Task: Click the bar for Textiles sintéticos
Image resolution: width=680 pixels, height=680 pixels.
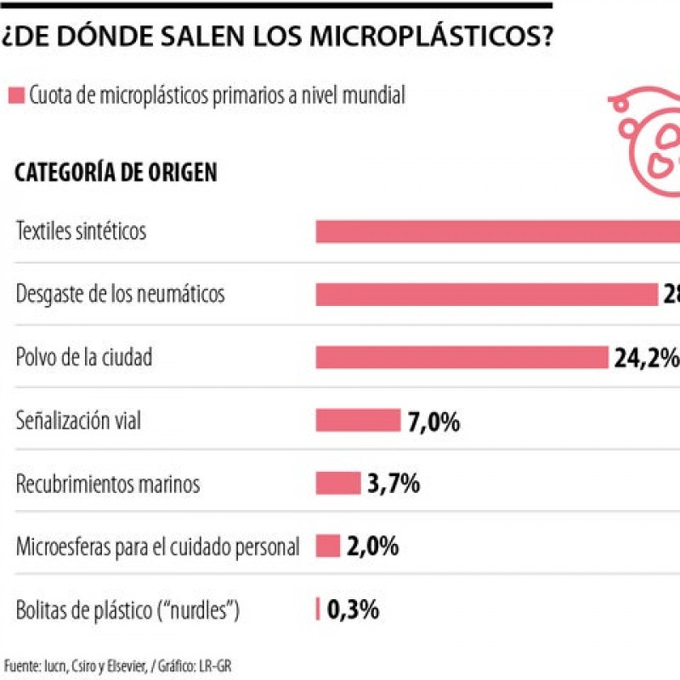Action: [x=497, y=231]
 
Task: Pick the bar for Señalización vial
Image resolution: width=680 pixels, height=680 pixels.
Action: [x=358, y=420]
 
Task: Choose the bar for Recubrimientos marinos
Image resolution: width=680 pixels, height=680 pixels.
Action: [x=338, y=483]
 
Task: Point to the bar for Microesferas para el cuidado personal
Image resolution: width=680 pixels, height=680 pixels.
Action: [x=328, y=546]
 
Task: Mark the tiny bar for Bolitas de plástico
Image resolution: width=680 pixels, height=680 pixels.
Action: [x=318, y=609]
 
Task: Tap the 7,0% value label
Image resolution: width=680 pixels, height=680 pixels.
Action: [x=433, y=421]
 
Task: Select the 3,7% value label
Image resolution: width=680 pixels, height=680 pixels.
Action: [x=394, y=484]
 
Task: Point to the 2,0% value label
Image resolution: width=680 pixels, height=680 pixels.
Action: [x=373, y=547]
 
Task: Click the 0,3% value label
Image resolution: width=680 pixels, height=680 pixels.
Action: [x=353, y=609]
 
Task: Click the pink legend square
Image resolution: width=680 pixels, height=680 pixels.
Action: [x=15, y=96]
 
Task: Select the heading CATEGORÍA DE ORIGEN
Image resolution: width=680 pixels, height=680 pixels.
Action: [x=116, y=173]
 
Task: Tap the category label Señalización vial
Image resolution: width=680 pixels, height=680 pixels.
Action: [x=79, y=420]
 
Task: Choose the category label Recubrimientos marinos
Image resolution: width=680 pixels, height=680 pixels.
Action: [x=108, y=484]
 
